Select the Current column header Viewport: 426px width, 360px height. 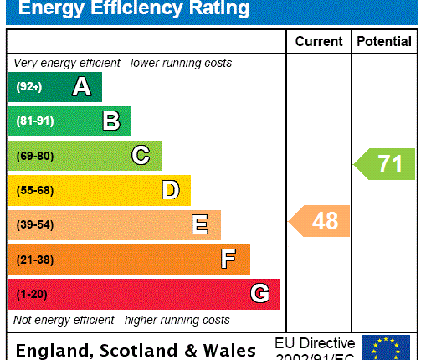[319, 41]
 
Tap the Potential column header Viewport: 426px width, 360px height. [384, 41]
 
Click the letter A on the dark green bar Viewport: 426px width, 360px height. [81, 86]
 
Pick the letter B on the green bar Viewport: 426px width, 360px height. [110, 121]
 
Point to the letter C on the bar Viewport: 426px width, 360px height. [141, 156]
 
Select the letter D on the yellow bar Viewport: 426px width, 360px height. [170, 190]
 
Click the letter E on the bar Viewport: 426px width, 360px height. [199, 225]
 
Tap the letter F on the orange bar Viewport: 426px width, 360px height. [228, 260]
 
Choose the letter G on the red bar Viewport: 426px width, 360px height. [259, 294]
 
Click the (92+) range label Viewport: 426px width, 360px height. [28, 87]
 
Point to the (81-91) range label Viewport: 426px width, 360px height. [34, 121]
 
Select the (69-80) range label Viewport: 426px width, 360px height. [34, 156]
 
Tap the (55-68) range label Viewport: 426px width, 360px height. [34, 191]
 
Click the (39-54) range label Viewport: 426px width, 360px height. [34, 225]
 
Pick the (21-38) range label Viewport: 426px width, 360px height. [34, 260]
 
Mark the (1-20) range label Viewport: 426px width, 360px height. [32, 295]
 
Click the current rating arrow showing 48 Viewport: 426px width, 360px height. [321, 221]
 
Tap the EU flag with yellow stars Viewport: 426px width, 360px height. [386, 347]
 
